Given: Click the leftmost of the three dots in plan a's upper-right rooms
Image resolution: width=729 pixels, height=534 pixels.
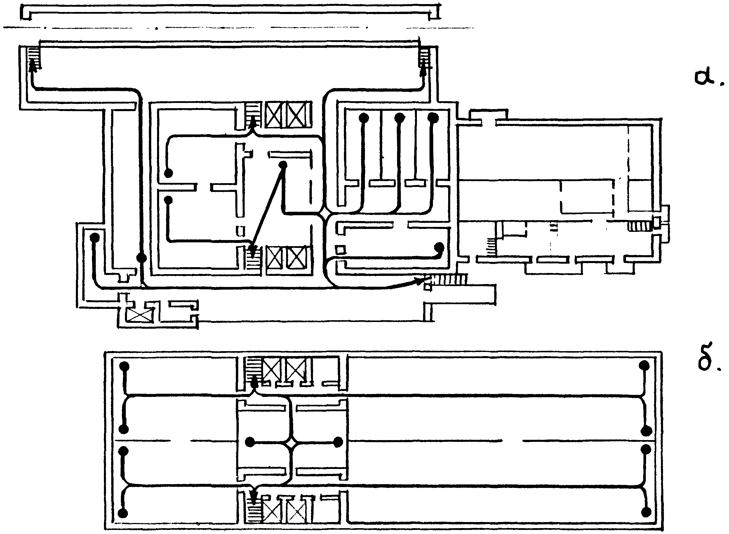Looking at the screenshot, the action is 364,118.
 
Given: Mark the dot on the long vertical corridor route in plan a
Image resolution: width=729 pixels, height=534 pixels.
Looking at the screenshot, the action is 141,258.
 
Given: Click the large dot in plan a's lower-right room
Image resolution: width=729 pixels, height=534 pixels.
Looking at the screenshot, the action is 439,248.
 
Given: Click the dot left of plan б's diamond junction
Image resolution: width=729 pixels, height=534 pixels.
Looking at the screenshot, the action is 250,442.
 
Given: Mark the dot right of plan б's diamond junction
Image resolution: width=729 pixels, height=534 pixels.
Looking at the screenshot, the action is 338,442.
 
